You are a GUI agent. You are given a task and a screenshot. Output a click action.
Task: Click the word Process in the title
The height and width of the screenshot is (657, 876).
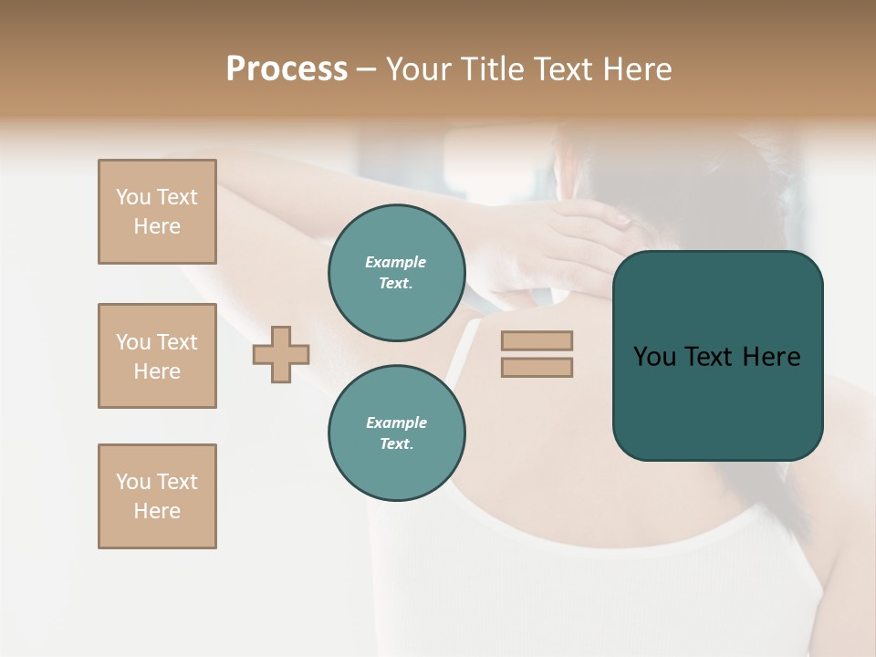tap(287, 69)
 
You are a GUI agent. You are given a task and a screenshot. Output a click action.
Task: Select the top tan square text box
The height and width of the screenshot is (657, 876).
tap(157, 212)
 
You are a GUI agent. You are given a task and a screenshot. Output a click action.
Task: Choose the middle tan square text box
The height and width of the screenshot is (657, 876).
tap(157, 356)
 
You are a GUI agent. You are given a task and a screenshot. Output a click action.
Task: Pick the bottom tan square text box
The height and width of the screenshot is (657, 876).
tap(157, 496)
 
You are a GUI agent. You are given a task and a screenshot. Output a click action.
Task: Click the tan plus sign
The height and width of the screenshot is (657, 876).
tap(281, 354)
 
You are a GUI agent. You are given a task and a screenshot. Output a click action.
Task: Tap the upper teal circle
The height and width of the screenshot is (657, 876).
tap(397, 273)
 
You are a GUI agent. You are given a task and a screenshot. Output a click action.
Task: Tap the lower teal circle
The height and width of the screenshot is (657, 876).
tap(397, 433)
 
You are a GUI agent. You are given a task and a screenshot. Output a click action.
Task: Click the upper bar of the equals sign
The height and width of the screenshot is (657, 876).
tap(537, 340)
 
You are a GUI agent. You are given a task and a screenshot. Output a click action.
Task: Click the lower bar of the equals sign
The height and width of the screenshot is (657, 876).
tap(537, 367)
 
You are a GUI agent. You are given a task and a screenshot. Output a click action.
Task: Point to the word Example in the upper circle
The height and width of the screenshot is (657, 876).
tap(396, 262)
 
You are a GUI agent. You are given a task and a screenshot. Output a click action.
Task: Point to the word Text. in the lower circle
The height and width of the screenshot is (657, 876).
tap(396, 444)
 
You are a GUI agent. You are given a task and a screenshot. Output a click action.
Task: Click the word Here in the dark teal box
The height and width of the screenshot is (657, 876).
tap(771, 357)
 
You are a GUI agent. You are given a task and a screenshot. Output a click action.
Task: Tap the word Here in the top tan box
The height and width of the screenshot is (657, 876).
tap(157, 226)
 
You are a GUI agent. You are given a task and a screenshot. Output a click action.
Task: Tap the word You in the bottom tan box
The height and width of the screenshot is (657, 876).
tap(133, 482)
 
